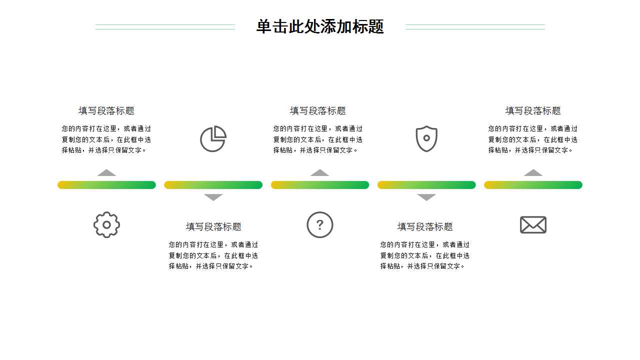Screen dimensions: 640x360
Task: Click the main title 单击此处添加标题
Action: click(320, 26)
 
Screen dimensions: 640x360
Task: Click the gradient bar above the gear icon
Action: click(106, 185)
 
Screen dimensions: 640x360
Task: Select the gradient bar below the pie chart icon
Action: click(213, 185)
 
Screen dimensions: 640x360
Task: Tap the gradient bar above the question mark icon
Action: click(320, 185)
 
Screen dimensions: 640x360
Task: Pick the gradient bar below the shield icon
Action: click(426, 185)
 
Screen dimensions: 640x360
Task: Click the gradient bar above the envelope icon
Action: click(533, 185)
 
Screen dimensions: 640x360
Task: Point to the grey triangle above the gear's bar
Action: click(106, 173)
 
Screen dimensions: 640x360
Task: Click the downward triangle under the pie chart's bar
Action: click(213, 197)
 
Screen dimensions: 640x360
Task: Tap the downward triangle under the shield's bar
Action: click(426, 197)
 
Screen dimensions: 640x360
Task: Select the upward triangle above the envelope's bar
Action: click(533, 173)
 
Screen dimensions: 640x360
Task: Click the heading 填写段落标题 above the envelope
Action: click(533, 110)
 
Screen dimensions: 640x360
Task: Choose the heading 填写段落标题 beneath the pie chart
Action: click(213, 226)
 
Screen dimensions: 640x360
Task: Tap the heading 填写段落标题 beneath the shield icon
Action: click(425, 226)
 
